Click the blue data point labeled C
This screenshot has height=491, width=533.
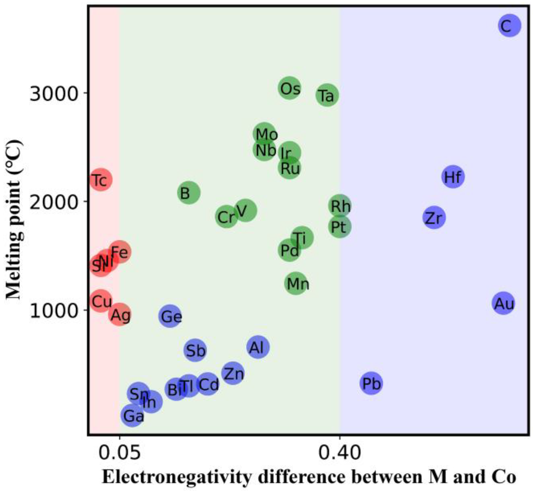[509, 26]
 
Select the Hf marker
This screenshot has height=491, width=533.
[453, 177]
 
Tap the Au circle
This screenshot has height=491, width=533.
[503, 303]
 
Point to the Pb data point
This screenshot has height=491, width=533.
[371, 383]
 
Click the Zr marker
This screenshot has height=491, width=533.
[434, 218]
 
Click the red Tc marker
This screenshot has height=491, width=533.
[100, 180]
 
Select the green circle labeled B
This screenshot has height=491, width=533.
[189, 192]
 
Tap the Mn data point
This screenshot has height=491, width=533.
[296, 283]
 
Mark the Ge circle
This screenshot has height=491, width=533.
[169, 316]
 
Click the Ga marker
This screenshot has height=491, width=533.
[132, 415]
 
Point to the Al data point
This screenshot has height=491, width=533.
[258, 347]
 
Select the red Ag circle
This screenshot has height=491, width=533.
[120, 314]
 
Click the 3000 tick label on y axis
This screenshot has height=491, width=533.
[54, 93]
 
